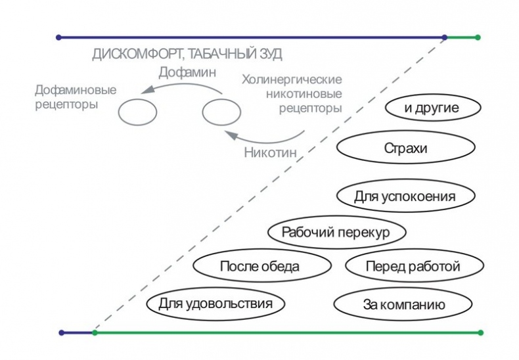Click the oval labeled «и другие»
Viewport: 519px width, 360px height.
[x=430, y=108]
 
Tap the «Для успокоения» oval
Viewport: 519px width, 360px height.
[x=405, y=196]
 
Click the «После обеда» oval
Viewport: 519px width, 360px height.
[x=259, y=266]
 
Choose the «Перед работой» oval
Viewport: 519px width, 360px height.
[x=413, y=266]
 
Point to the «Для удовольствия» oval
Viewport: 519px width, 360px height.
[x=215, y=304]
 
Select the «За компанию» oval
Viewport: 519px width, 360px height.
[x=404, y=304]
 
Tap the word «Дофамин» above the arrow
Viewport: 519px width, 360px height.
[x=187, y=72]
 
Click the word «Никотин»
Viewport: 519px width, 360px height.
[x=270, y=154]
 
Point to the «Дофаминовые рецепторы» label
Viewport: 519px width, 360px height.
[x=76, y=97]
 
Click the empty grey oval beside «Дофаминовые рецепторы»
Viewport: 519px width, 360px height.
[x=137, y=112]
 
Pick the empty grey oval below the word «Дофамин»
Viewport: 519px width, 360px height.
[x=221, y=112]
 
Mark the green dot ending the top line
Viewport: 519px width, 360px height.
[x=478, y=37]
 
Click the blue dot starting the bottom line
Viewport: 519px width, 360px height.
[x=62, y=332]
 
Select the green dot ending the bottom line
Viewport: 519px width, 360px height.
[x=480, y=332]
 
